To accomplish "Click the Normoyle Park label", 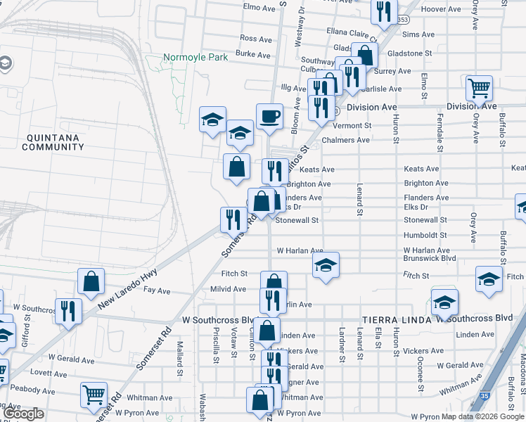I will [195, 58].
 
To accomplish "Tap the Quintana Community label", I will [53, 142].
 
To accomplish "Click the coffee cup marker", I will [269, 116].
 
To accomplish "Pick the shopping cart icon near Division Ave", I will [479, 89].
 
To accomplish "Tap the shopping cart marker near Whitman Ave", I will [94, 395].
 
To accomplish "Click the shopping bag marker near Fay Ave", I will [91, 281].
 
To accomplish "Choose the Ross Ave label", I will [255, 39].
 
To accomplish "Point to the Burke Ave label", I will [253, 54].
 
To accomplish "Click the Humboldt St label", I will [426, 235].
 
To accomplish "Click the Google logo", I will [23, 414].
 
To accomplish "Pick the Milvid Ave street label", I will [228, 289].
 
